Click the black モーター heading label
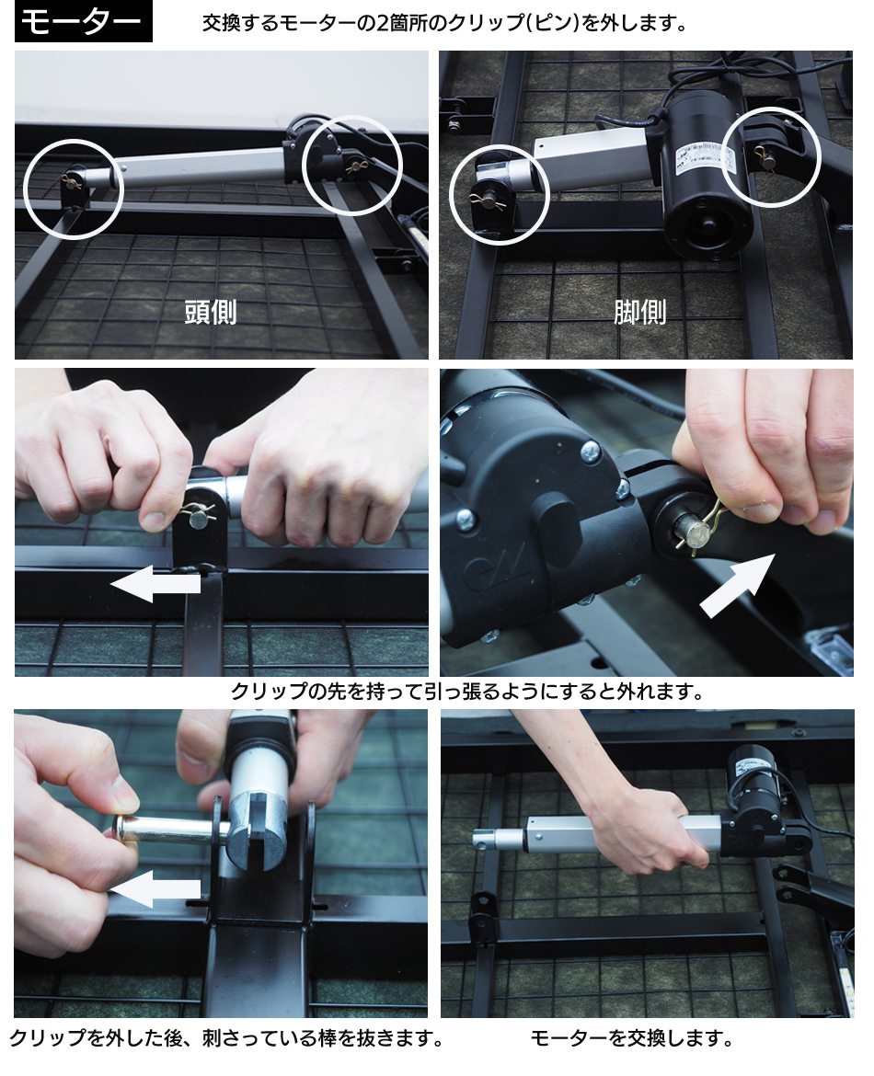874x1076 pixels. (83, 23)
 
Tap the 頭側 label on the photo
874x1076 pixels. (211, 313)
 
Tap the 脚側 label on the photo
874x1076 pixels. (640, 313)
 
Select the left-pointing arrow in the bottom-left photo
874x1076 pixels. (155, 891)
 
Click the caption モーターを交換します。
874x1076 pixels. (632, 1037)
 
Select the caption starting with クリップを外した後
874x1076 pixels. (226, 1037)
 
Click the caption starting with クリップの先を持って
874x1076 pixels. (467, 691)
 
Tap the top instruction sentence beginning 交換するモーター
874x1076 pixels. (445, 23)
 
